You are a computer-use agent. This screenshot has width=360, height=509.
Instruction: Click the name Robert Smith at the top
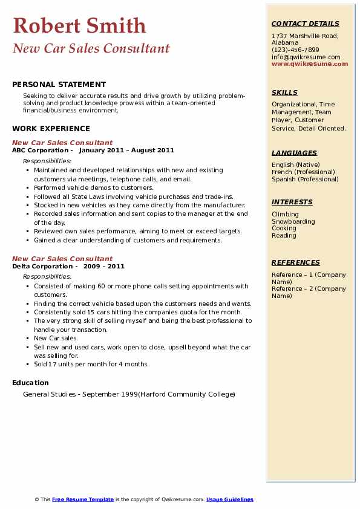[79, 25]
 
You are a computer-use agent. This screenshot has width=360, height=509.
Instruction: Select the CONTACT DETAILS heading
[305, 24]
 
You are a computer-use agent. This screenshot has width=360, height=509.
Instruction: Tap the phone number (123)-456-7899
[295, 50]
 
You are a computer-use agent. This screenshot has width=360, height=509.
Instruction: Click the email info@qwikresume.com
[306, 57]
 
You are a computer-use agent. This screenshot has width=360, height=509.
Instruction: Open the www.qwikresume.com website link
[310, 64]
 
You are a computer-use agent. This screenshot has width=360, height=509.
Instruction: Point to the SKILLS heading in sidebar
[284, 92]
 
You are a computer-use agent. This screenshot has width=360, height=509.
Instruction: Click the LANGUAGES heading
[294, 153]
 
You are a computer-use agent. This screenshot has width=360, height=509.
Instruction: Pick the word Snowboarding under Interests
[293, 221]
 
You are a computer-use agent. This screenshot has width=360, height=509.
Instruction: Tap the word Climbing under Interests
[285, 214]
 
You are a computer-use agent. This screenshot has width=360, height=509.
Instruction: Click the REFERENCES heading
[295, 262]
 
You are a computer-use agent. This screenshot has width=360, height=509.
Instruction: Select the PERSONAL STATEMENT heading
[59, 85]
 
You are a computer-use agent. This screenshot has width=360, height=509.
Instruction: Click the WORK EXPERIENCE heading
[51, 128]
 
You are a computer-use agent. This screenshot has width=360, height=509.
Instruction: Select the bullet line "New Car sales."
[56, 339]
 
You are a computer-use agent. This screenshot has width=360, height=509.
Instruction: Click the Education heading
[30, 383]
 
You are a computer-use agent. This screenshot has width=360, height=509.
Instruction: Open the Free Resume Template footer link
[83, 499]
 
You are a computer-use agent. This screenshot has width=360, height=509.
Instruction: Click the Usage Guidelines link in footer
[229, 499]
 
